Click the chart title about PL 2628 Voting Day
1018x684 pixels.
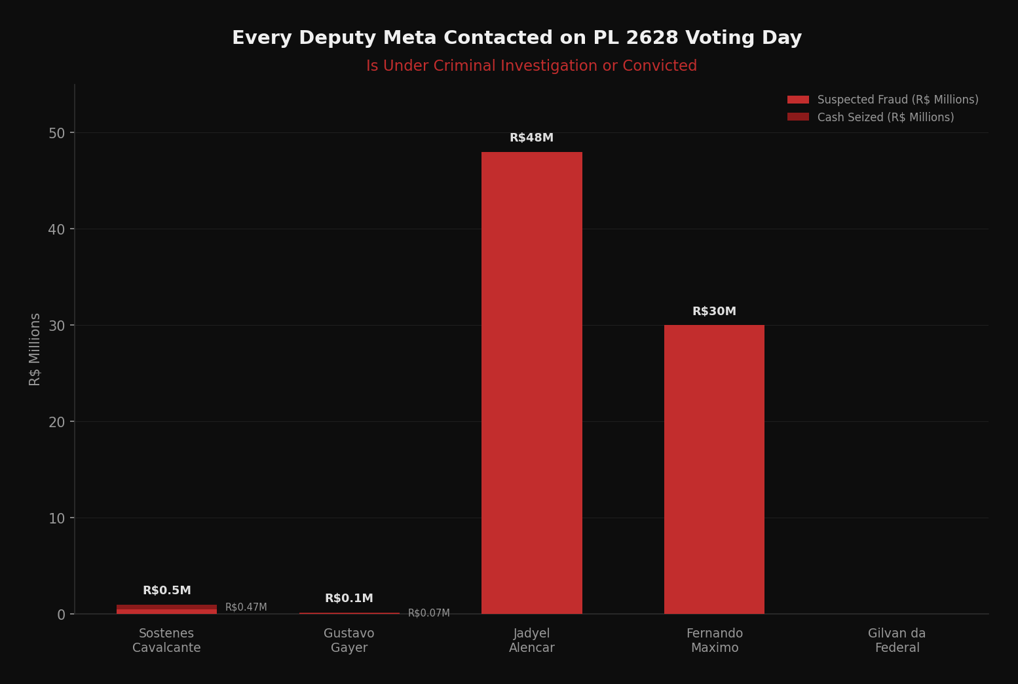coord(516,38)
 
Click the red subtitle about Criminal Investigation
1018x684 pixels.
coord(531,66)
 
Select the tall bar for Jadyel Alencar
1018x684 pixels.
coord(531,383)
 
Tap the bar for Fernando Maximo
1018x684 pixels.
coord(714,469)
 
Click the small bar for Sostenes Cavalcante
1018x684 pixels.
coord(166,610)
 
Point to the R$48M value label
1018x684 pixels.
coord(531,138)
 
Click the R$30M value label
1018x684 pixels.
coord(714,312)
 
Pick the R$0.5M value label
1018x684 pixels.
coord(166,591)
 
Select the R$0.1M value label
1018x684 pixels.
coord(349,599)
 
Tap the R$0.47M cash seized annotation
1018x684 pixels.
coord(246,607)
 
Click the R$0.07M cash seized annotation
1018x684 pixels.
coord(428,613)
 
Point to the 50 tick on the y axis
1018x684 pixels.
coord(57,133)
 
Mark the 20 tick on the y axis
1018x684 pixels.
coord(57,422)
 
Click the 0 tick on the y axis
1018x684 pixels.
coord(62,615)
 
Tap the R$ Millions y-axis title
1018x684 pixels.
coord(35,349)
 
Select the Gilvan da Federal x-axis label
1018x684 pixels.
coord(896,641)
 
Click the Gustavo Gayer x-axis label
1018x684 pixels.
coord(349,641)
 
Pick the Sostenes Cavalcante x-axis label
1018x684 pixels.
coord(166,641)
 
